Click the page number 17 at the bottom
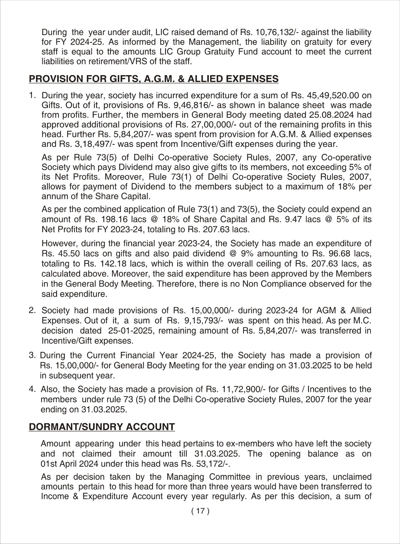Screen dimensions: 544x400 [200, 511]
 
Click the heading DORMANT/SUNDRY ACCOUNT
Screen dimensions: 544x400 [102, 427]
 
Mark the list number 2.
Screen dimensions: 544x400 [32, 310]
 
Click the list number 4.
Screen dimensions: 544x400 [32, 389]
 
